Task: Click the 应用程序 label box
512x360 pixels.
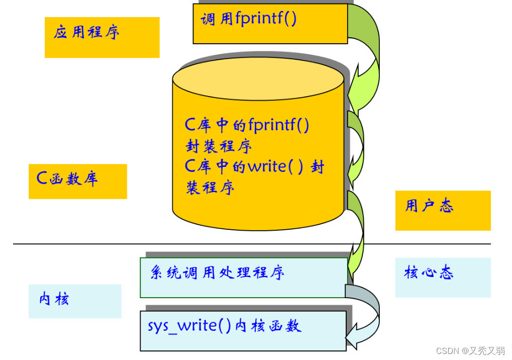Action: click(102, 37)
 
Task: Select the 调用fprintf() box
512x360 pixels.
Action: click(270, 24)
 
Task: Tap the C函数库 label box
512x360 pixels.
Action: click(77, 181)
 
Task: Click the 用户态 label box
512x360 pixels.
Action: click(443, 210)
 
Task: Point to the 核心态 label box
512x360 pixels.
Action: click(443, 277)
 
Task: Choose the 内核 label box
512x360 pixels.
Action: click(75, 301)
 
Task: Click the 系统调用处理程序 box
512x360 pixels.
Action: click(243, 278)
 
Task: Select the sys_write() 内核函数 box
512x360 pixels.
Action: click(243, 330)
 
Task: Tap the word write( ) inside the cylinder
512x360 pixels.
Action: click(275, 166)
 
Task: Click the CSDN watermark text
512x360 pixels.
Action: click(470, 351)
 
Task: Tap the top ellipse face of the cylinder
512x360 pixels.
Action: click(258, 80)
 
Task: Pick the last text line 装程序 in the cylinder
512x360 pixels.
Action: click(211, 188)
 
